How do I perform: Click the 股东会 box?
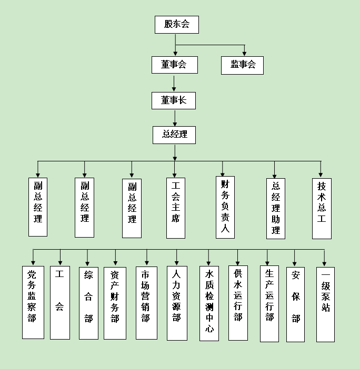(176, 25)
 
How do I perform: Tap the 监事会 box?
(242, 65)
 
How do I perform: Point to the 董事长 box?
(174, 100)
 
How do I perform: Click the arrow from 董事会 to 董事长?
(174, 83)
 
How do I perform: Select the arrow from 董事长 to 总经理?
(175, 117)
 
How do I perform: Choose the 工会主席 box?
(175, 207)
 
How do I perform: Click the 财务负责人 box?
(225, 207)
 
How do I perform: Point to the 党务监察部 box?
(33, 302)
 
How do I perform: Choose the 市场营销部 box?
(146, 303)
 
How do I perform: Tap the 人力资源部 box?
(176, 302)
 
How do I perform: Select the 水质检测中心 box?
(209, 303)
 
